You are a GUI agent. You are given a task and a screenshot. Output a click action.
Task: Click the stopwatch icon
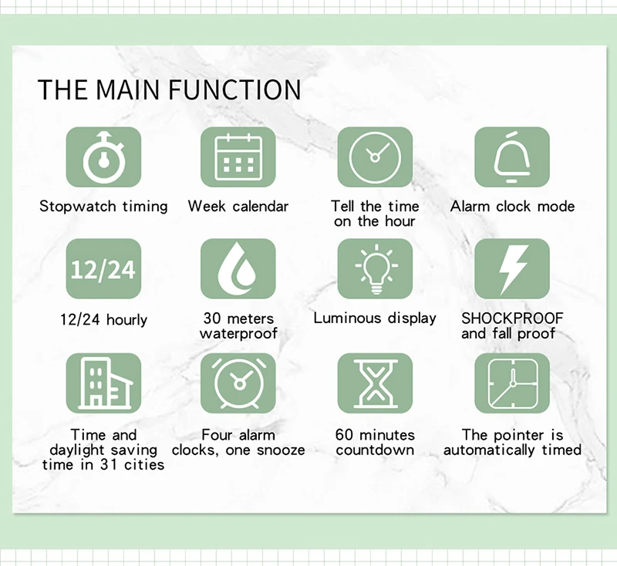tap(103, 157)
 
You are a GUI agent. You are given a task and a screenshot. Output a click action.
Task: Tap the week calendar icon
tap(238, 157)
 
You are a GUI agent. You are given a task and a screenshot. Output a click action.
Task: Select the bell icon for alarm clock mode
tap(511, 157)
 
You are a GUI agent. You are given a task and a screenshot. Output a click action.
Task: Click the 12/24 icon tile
tap(103, 269)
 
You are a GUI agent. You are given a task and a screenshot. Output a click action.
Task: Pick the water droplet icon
tap(238, 269)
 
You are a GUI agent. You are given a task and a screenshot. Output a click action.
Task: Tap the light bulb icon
tap(375, 269)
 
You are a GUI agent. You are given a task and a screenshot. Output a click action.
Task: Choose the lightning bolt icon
tap(511, 269)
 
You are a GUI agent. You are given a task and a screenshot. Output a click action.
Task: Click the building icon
tap(103, 383)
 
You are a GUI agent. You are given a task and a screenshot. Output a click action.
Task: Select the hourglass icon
tap(375, 383)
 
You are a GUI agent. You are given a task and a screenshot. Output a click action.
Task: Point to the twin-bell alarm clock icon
tap(238, 383)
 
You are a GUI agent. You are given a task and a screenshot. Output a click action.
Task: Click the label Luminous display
tap(375, 318)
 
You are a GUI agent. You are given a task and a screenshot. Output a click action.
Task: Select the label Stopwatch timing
tap(103, 207)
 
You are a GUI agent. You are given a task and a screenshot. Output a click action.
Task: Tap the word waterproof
tap(238, 334)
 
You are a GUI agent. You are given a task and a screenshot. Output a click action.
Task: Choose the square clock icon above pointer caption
tap(511, 383)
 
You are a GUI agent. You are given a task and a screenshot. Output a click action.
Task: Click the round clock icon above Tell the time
tap(375, 157)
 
